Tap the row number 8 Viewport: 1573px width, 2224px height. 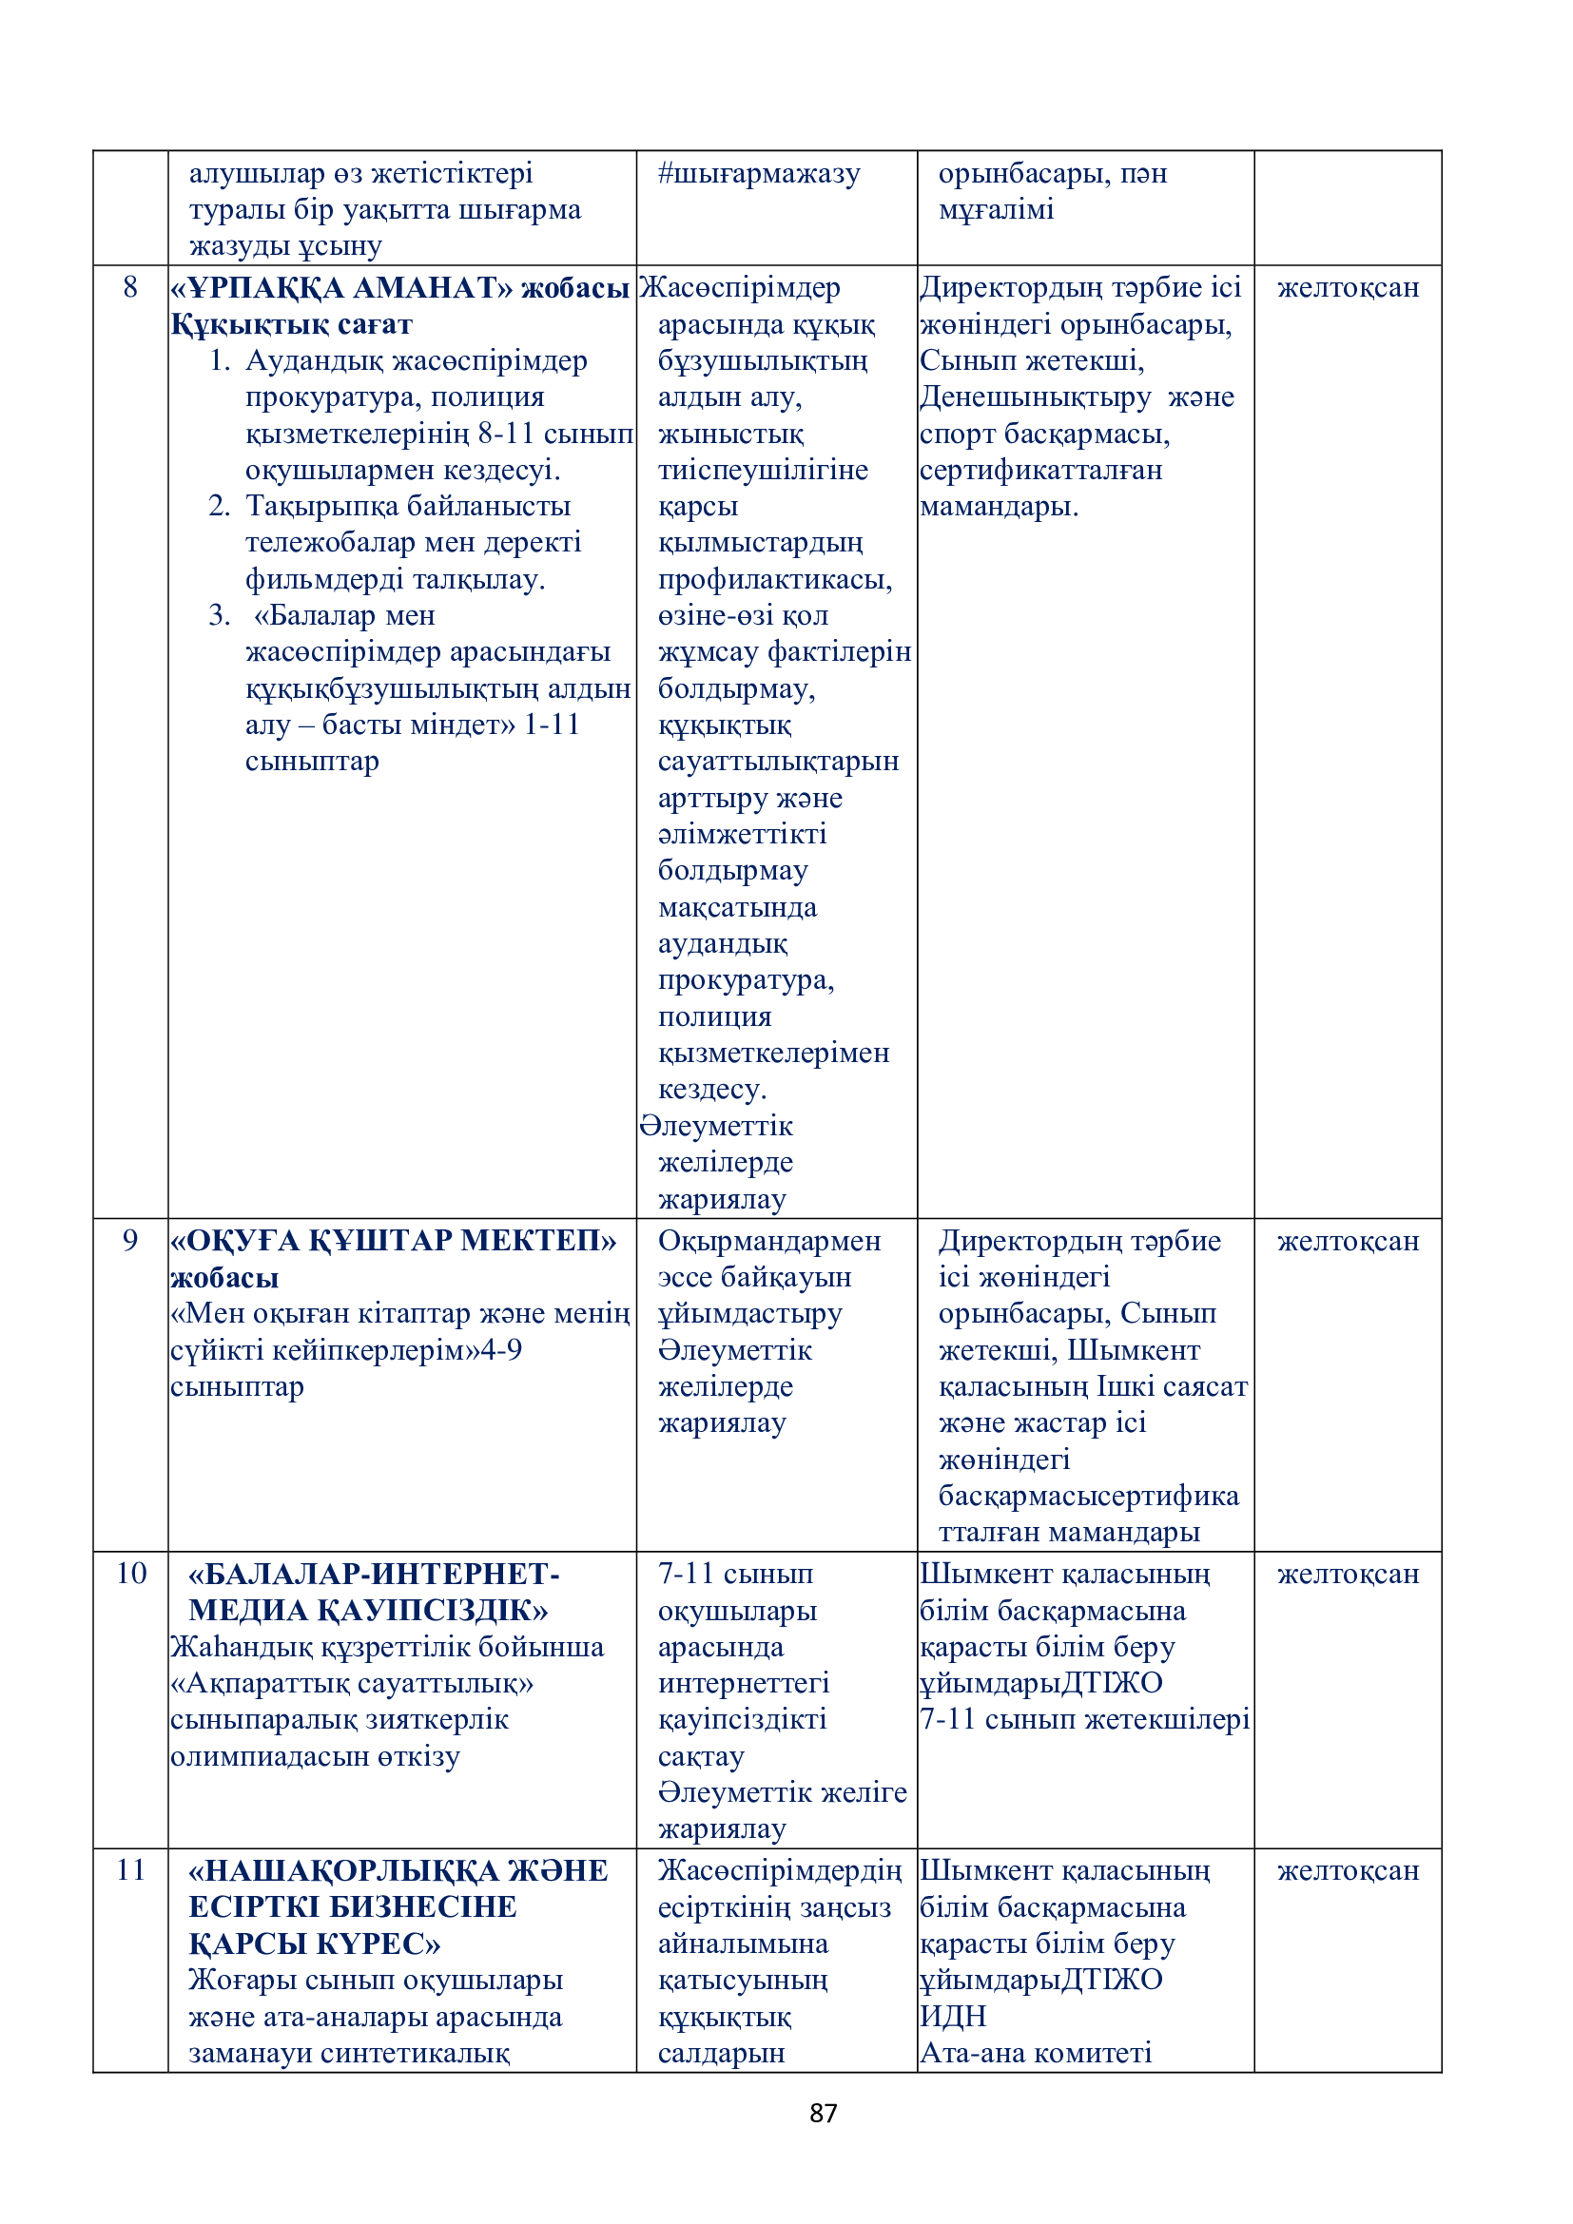tap(130, 287)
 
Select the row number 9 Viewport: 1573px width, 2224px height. tap(130, 1240)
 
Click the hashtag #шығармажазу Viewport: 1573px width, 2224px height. tap(758, 173)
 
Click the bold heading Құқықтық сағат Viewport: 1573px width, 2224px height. tap(292, 323)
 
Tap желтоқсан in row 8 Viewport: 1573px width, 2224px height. tap(1348, 288)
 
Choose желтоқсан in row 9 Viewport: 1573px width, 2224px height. tap(1348, 1241)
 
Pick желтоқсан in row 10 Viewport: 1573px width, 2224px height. tap(1348, 1574)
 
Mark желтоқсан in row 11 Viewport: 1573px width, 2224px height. tap(1348, 1870)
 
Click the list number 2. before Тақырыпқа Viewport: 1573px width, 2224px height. tap(219, 506)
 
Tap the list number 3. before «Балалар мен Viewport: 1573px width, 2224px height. tap(219, 615)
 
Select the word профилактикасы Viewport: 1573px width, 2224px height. tap(775, 579)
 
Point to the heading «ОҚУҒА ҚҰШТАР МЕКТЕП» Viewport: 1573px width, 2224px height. tap(394, 1241)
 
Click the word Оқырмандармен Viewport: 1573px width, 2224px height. tap(769, 1241)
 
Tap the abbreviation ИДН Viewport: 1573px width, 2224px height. tap(953, 2016)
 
